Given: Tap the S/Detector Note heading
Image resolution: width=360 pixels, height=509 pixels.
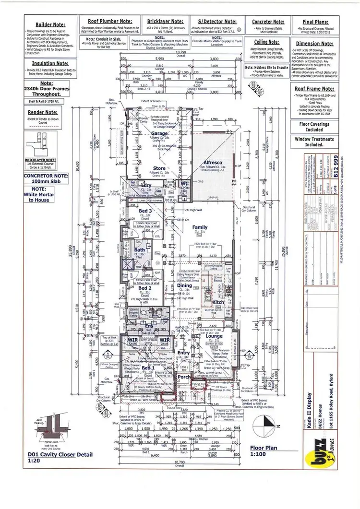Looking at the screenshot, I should [x=217, y=22].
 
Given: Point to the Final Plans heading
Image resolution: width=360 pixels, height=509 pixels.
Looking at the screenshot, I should [x=315, y=22].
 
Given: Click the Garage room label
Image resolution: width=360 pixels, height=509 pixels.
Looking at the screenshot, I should [x=159, y=134].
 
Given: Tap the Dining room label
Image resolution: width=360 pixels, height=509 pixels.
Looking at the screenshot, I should [x=184, y=285].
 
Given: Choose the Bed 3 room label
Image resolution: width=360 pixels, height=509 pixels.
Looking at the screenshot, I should [x=145, y=211].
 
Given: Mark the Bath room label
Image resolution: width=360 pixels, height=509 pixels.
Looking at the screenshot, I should [x=140, y=250].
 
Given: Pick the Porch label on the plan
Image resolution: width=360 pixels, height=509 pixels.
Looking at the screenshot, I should [x=184, y=377].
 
